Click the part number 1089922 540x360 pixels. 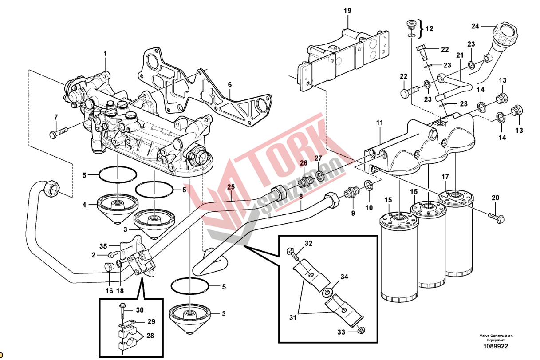[x=496, y=346]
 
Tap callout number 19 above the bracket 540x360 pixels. [x=347, y=10]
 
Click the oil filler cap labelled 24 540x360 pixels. [x=505, y=34]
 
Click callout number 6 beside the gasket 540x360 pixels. [x=230, y=84]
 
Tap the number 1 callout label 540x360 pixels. [x=106, y=54]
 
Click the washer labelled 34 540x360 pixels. [x=327, y=293]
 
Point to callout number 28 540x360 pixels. [x=150, y=336]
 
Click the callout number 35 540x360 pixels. [x=103, y=246]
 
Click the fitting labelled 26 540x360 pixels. [x=306, y=182]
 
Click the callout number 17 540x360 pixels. [x=445, y=178]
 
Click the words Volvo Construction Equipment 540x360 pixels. [x=496, y=338]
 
